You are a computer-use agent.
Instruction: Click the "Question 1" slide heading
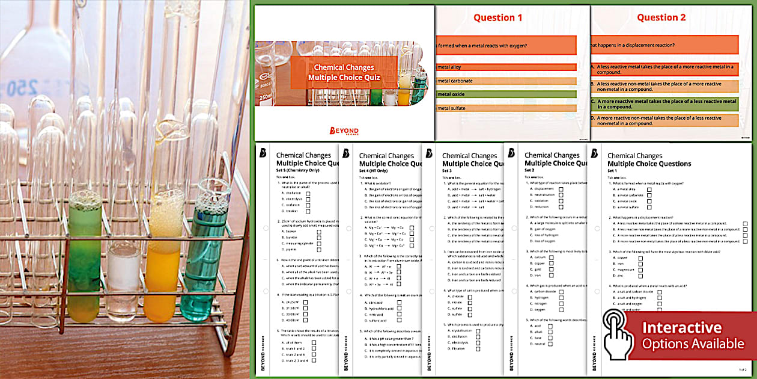pyautogui.click(x=497, y=17)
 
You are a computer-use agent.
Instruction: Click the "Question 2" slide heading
pyautogui.click(x=661, y=17)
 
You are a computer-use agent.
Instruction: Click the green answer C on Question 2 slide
pyautogui.click(x=663, y=104)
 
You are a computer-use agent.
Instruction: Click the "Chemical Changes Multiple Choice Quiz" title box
pyautogui.click(x=344, y=73)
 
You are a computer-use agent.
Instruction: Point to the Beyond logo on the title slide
pyautogui.click(x=344, y=131)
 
